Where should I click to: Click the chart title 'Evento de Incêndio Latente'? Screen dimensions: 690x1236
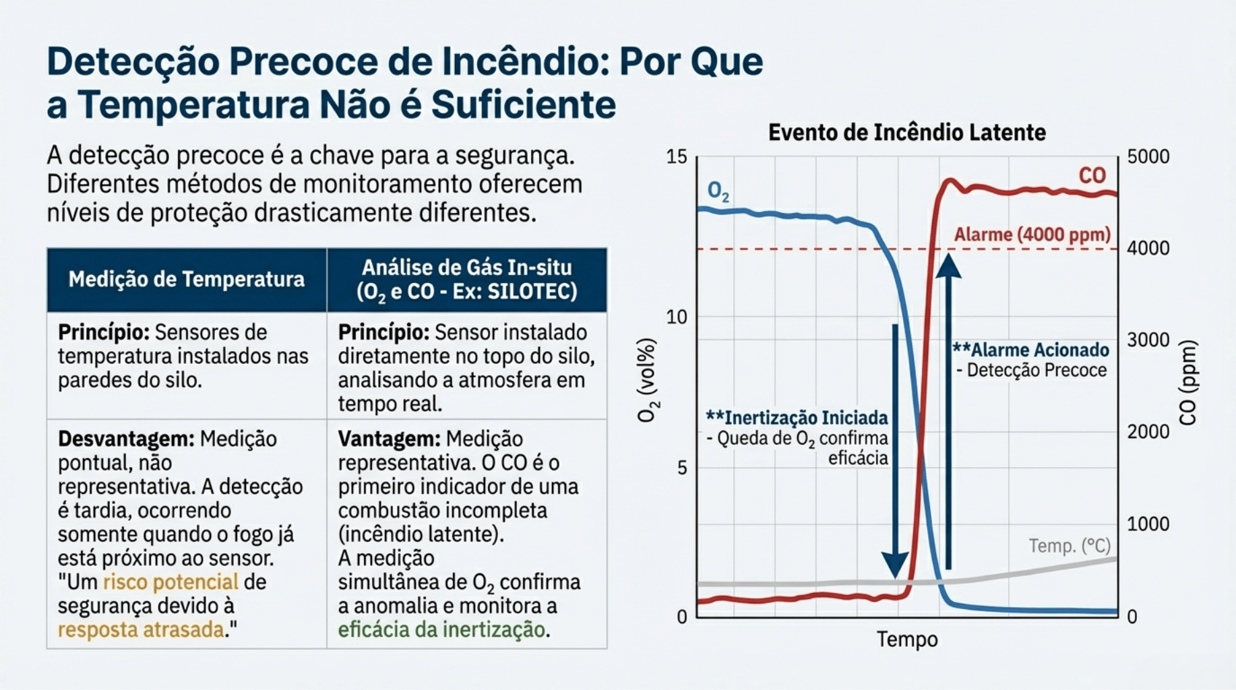tap(906, 132)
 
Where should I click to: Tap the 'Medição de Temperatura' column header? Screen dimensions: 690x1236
tap(186, 279)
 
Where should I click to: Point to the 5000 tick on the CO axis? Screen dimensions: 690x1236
tap(1148, 156)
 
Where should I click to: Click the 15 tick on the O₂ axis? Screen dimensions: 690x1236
tap(677, 157)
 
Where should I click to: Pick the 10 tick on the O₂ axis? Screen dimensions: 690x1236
tap(677, 317)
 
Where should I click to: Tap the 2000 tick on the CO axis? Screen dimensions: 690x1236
tap(1148, 431)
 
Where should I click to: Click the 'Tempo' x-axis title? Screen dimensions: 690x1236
tap(906, 639)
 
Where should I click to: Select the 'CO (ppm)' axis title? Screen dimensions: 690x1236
tap(1188, 383)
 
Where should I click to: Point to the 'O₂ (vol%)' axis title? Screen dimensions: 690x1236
tap(646, 380)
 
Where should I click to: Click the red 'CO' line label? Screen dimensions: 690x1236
tap(1092, 175)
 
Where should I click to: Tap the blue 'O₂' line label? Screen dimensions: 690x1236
tap(718, 192)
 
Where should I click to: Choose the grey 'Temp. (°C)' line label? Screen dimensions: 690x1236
tap(1069, 545)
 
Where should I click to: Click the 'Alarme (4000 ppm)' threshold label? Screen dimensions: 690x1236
tap(1032, 234)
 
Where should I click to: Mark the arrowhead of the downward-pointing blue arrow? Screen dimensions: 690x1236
tap(895, 565)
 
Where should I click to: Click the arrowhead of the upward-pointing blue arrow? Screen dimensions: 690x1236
tap(948, 265)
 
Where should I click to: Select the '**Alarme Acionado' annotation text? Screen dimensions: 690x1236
tap(1030, 350)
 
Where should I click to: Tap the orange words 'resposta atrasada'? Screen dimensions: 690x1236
tap(141, 629)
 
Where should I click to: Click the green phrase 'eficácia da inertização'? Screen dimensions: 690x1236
tap(441, 629)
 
